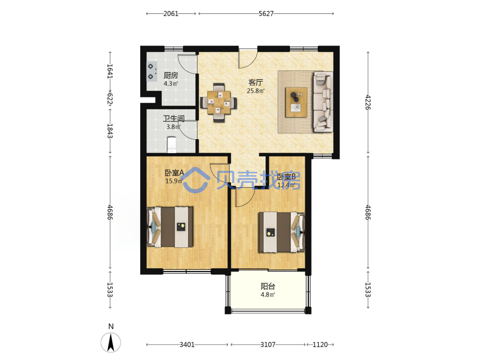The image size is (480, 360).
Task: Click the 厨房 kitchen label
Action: coord(170,75)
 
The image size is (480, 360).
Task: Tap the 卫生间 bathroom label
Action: coord(174,119)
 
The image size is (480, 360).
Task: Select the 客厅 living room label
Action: coord(256,83)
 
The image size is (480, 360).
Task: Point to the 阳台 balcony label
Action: coord(268,286)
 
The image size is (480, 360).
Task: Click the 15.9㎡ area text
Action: coord(174,181)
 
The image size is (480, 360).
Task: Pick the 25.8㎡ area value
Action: coord(256,91)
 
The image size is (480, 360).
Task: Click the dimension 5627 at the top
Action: coord(266,14)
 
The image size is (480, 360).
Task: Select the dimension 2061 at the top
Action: coord(171,14)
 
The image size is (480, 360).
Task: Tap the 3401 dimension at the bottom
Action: coord(187,345)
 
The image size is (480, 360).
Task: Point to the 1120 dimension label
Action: coord(320,345)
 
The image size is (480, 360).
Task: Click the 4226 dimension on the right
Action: coord(368,102)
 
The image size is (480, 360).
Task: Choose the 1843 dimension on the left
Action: coord(110,131)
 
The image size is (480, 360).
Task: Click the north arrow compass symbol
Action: coord(111,342)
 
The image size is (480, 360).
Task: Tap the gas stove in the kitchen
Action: coord(152,72)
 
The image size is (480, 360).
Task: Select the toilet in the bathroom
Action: coord(171,145)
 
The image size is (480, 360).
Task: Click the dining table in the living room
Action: coord(218,103)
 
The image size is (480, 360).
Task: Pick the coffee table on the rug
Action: coord(296,102)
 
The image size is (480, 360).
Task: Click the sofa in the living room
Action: coord(323,102)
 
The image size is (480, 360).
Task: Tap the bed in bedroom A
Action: coord(170,227)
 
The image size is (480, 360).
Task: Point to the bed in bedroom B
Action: coord(282,232)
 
